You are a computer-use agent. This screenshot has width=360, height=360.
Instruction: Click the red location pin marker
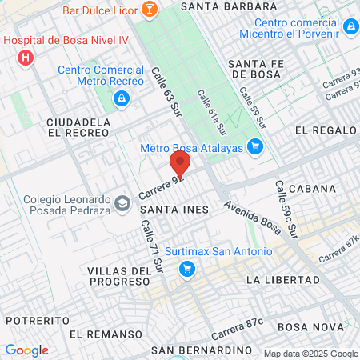click(x=179, y=165)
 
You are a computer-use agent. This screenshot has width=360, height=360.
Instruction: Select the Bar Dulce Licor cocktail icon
click(x=149, y=10)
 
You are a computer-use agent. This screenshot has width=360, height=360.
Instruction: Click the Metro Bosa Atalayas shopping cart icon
click(x=255, y=146)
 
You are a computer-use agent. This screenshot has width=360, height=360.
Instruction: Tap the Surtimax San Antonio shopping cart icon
click(x=187, y=268)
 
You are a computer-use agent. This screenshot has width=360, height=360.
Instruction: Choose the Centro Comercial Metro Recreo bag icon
click(x=121, y=98)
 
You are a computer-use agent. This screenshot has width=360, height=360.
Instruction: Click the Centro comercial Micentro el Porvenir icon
click(x=350, y=27)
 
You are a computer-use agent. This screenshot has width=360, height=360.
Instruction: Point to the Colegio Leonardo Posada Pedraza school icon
click(x=121, y=203)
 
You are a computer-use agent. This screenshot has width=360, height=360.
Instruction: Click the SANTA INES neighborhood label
click(x=174, y=210)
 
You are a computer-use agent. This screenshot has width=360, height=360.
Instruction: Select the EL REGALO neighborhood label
click(x=323, y=130)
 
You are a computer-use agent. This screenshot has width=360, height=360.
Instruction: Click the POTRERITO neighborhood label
click(x=34, y=320)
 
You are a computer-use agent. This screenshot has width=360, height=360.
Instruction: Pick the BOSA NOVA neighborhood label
click(x=310, y=327)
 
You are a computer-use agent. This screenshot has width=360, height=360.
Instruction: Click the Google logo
click(x=26, y=350)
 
